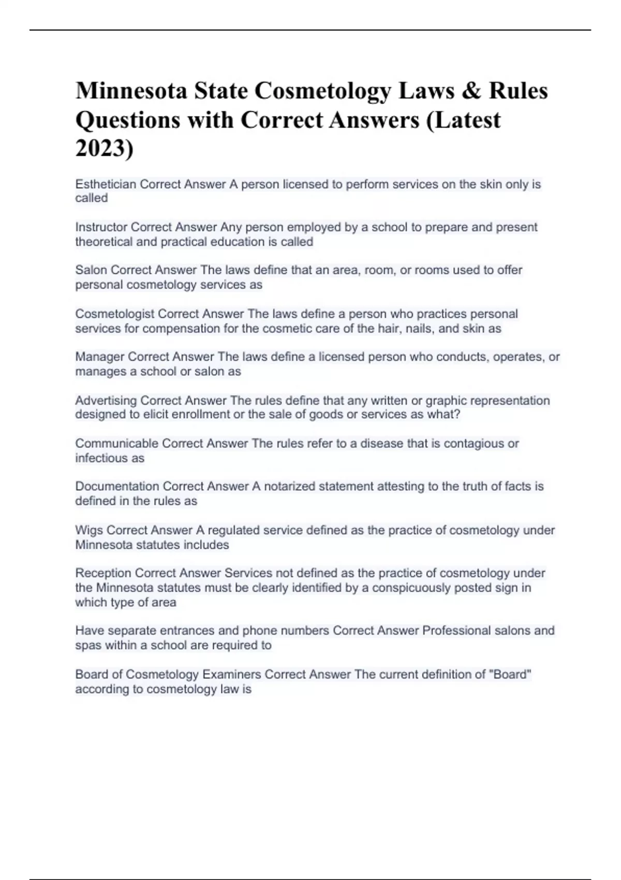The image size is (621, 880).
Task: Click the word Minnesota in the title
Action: [131, 91]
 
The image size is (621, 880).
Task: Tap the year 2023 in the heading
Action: [102, 149]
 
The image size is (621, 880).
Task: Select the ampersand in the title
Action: [469, 91]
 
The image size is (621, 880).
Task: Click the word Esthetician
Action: [106, 184]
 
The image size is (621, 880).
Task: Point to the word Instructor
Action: [101, 227]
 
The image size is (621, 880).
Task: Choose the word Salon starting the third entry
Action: [91, 270]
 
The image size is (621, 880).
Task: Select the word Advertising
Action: [106, 401]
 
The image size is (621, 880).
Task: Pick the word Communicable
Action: [116, 444]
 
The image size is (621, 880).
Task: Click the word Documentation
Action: [117, 487]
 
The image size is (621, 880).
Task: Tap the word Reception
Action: [103, 573]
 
